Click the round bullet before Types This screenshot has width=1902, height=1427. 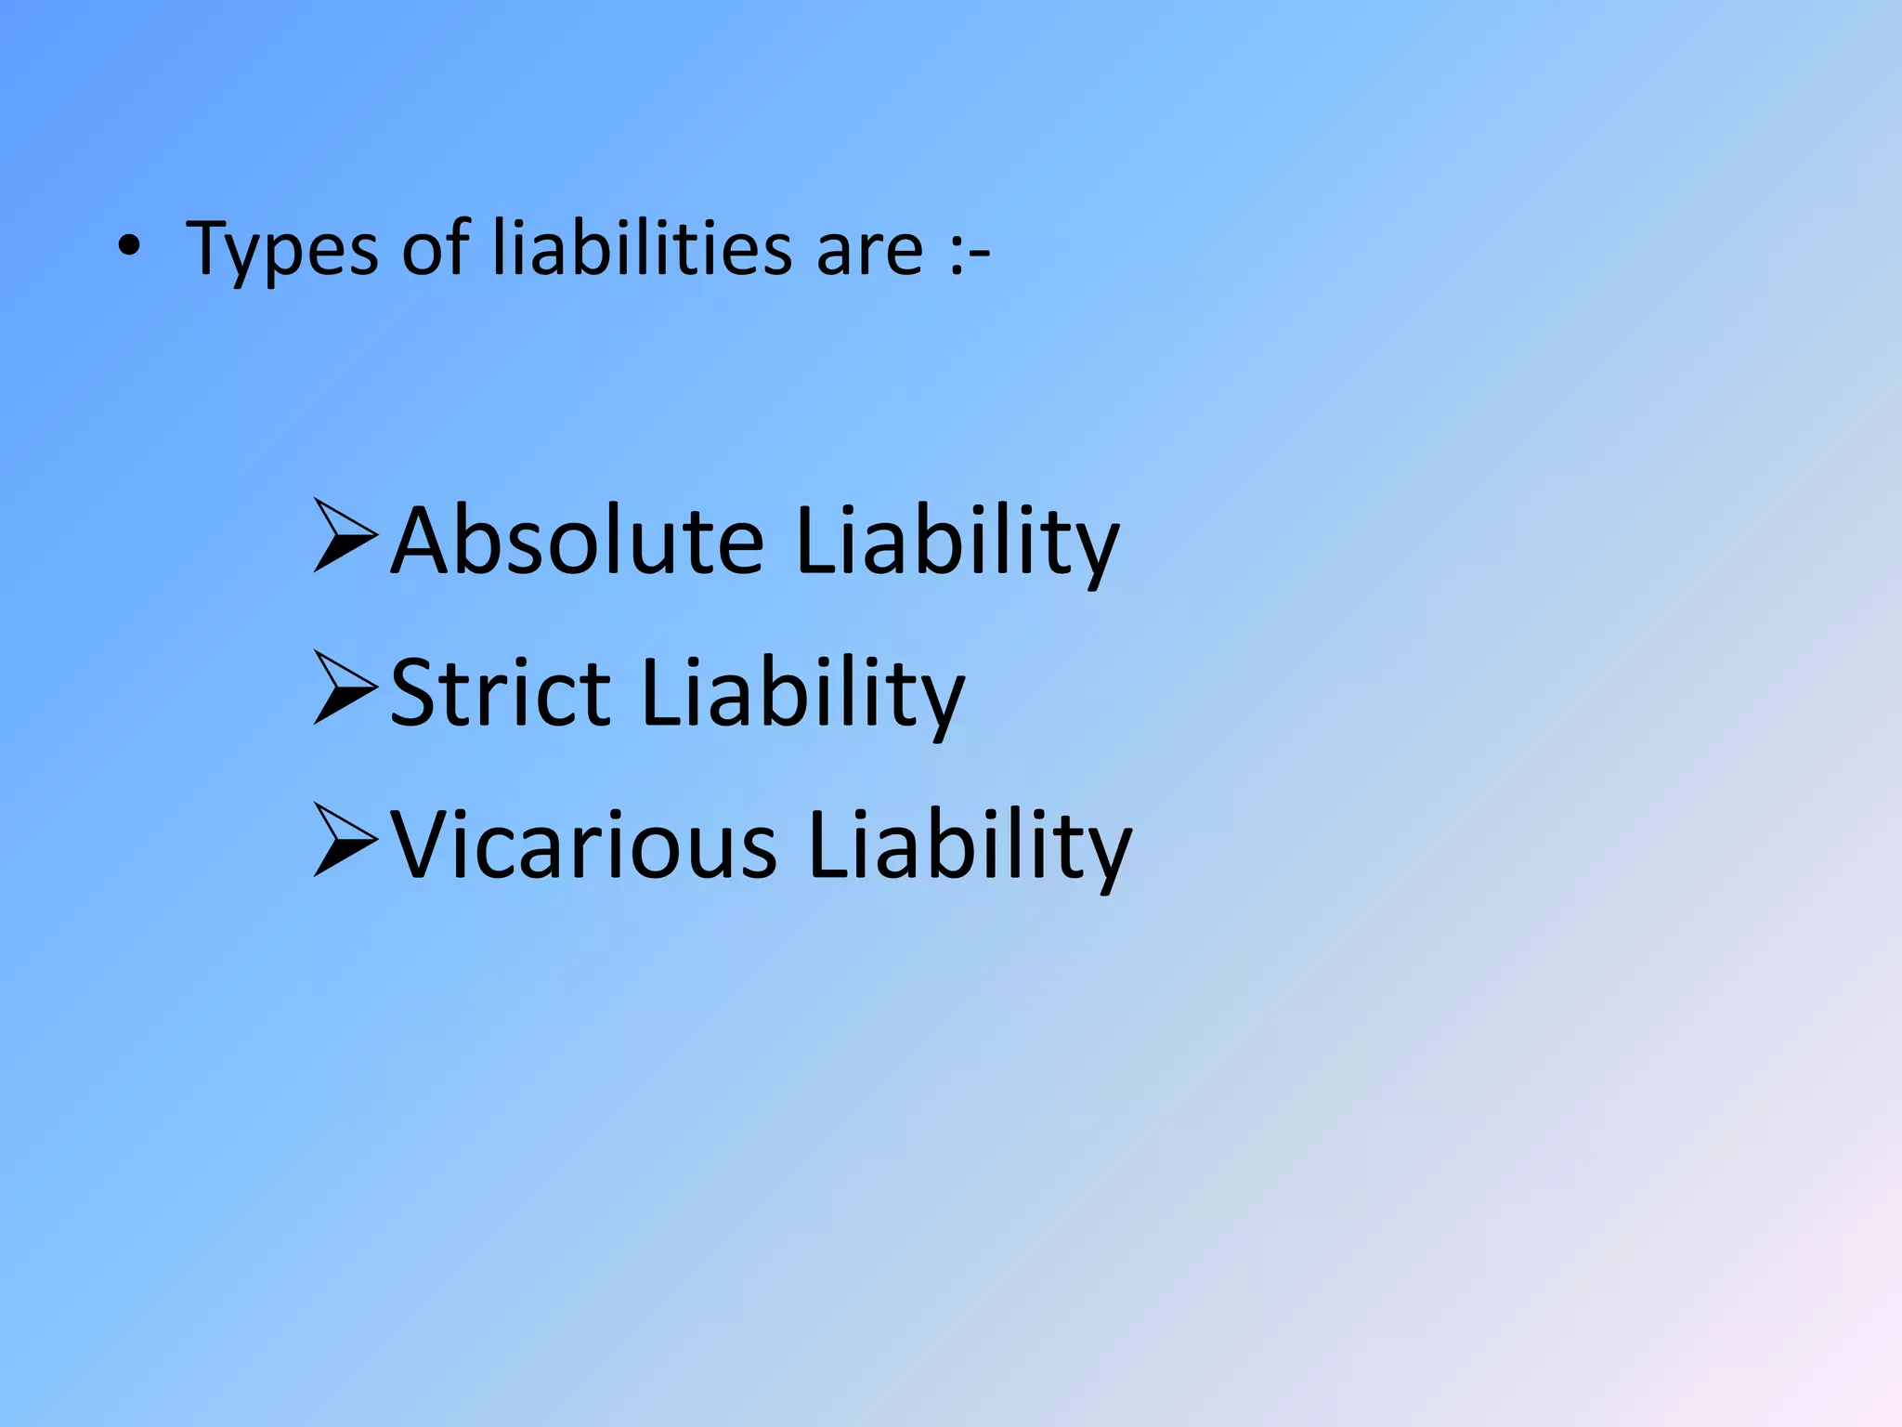coord(129,248)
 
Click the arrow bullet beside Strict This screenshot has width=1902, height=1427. coord(345,687)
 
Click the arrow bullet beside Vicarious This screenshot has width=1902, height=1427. coord(345,840)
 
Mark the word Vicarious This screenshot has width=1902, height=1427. coord(583,845)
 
